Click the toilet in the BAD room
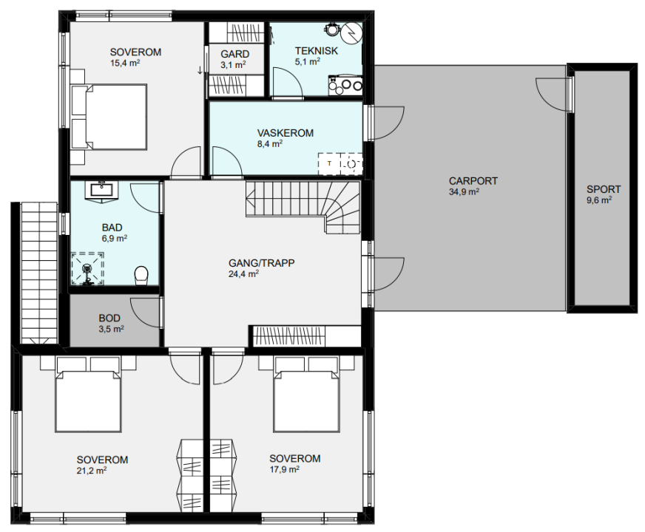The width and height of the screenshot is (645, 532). click(x=141, y=275)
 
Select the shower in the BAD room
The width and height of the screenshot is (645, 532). click(x=87, y=269)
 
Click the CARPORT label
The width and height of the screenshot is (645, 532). click(x=473, y=181)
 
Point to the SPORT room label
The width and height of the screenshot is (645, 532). click(x=604, y=189)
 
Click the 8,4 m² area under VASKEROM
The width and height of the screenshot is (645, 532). click(x=269, y=144)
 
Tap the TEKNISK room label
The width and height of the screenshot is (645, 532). click(x=317, y=51)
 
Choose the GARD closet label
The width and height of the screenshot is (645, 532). click(x=235, y=54)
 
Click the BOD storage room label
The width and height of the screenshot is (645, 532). click(x=109, y=318)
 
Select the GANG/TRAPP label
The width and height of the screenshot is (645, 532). click(x=262, y=263)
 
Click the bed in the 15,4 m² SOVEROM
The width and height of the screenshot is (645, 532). click(x=109, y=117)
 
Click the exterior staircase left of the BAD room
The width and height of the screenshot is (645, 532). click(x=39, y=273)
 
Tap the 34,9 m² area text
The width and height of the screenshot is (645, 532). click(x=464, y=192)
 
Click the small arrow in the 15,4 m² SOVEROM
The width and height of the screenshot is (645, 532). click(x=200, y=70)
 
